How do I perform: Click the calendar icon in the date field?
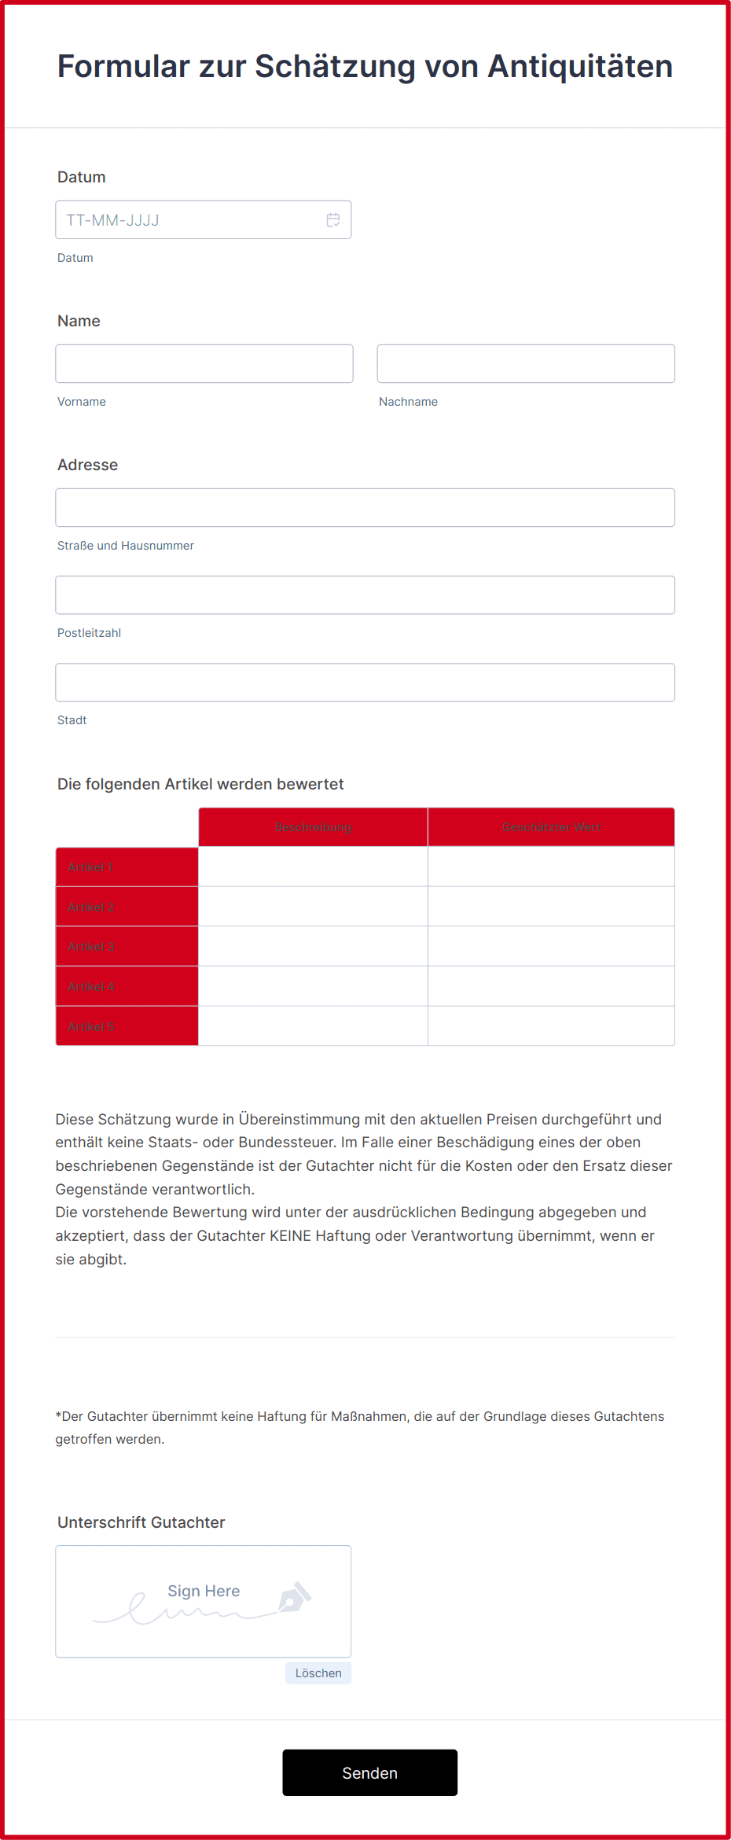point(333,220)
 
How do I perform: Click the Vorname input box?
point(204,364)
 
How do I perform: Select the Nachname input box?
point(526,364)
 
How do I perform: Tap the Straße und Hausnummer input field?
point(365,508)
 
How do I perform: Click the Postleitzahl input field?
point(365,595)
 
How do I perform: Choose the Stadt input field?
point(365,683)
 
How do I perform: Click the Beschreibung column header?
point(313,827)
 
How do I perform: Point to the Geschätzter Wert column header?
point(551,827)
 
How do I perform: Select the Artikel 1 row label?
point(90,867)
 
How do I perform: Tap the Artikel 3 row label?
point(91,947)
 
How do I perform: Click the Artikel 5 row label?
point(91,1027)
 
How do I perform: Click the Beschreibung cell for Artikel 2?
point(313,907)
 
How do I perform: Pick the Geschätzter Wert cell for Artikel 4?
point(551,987)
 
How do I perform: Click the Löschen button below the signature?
point(318,1673)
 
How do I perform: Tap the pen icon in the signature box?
point(294,1597)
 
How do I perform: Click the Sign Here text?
point(204,1591)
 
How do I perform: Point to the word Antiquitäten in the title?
point(580,67)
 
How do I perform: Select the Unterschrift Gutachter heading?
point(141,1522)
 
